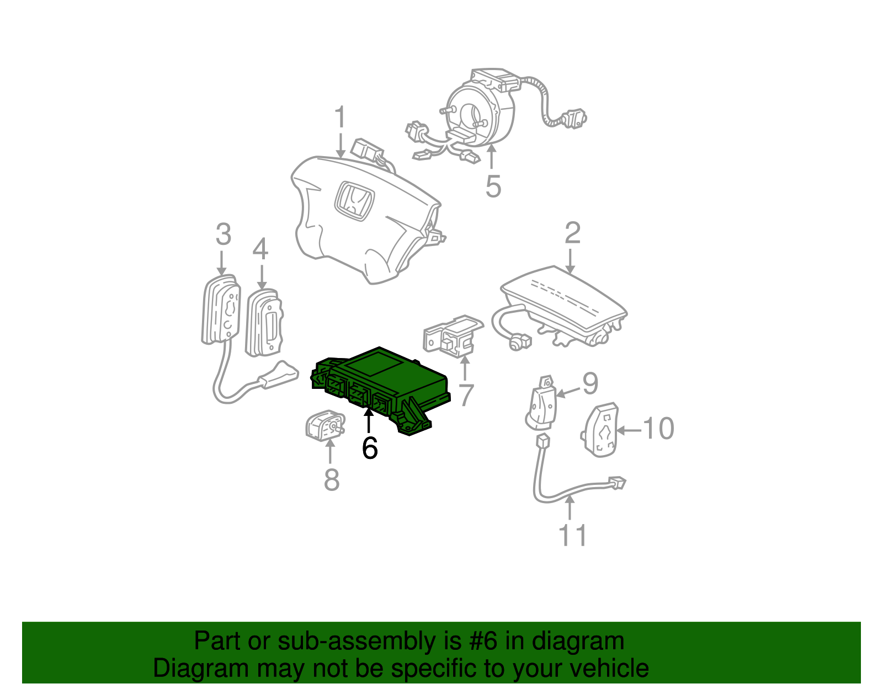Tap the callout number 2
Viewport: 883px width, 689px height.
572,233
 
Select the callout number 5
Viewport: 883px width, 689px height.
493,186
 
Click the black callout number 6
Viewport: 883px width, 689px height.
370,448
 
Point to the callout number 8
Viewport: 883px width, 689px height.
331,479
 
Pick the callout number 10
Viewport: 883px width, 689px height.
659,429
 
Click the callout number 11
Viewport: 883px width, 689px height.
573,535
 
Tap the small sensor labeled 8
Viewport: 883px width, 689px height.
325,426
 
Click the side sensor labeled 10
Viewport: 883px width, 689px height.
600,430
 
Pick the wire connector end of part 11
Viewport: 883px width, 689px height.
616,483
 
